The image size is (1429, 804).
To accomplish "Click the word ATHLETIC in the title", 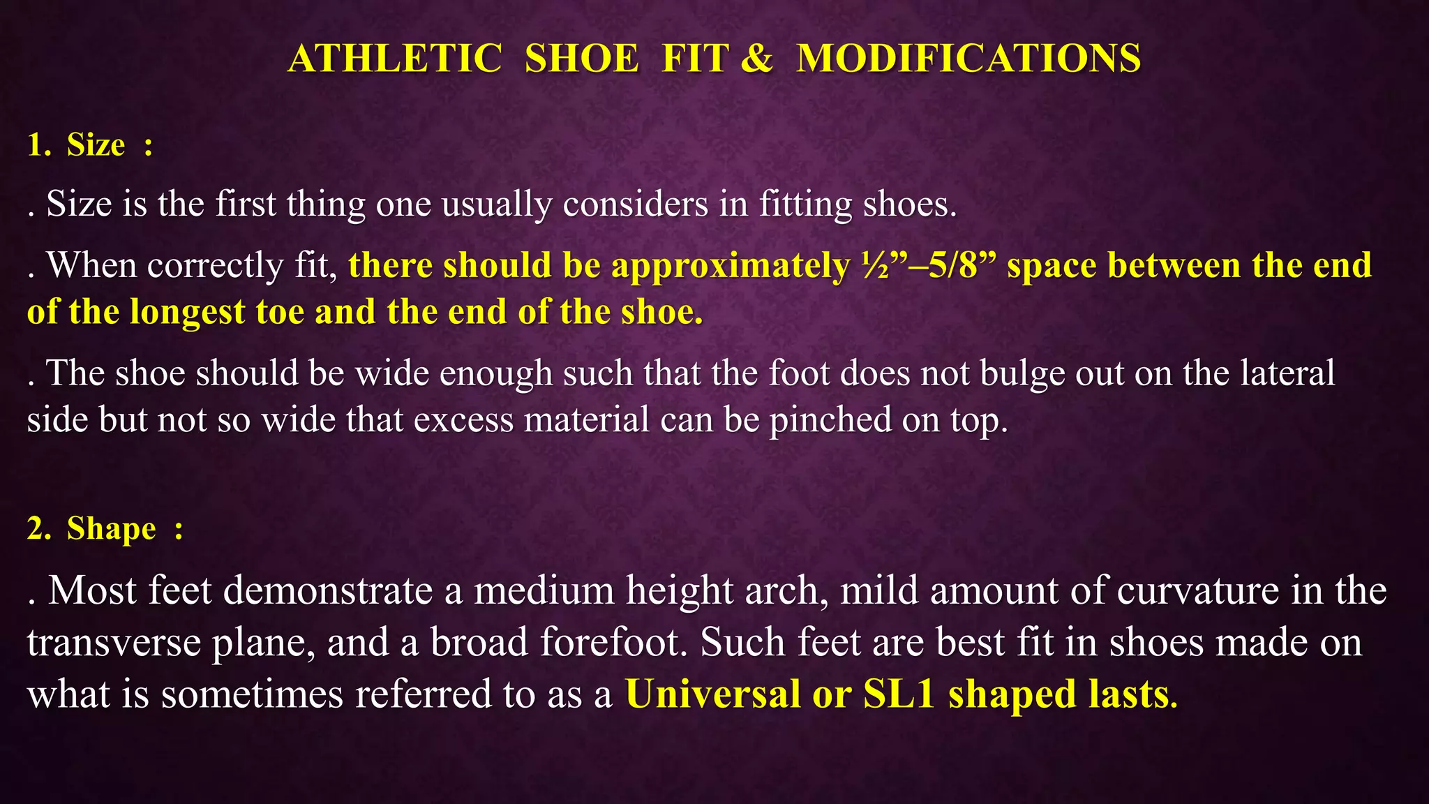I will click(395, 58).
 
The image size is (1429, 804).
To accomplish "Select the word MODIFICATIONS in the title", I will click(968, 58).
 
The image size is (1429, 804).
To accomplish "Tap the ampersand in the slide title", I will click(756, 58).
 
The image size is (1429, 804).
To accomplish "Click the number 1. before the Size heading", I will click(39, 145).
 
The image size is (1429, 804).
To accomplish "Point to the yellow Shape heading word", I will click(111, 528).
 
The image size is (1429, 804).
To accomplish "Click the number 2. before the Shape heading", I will click(39, 528).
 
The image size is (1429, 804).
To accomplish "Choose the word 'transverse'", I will click(114, 642).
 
